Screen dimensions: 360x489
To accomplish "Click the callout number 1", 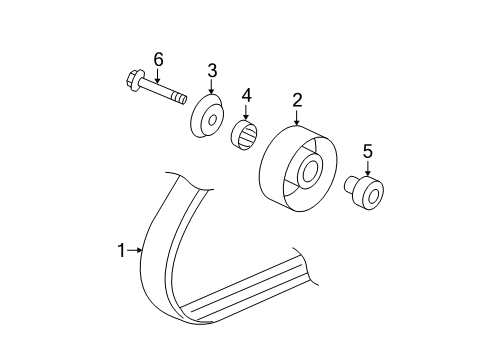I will (122, 250).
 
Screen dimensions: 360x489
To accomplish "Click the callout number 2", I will (297, 99).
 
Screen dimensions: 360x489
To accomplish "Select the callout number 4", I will (246, 96).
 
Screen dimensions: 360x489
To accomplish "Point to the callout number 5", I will (367, 151).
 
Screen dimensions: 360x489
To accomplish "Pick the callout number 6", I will (157, 59).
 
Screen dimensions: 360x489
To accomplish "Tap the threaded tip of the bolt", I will (181, 97).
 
